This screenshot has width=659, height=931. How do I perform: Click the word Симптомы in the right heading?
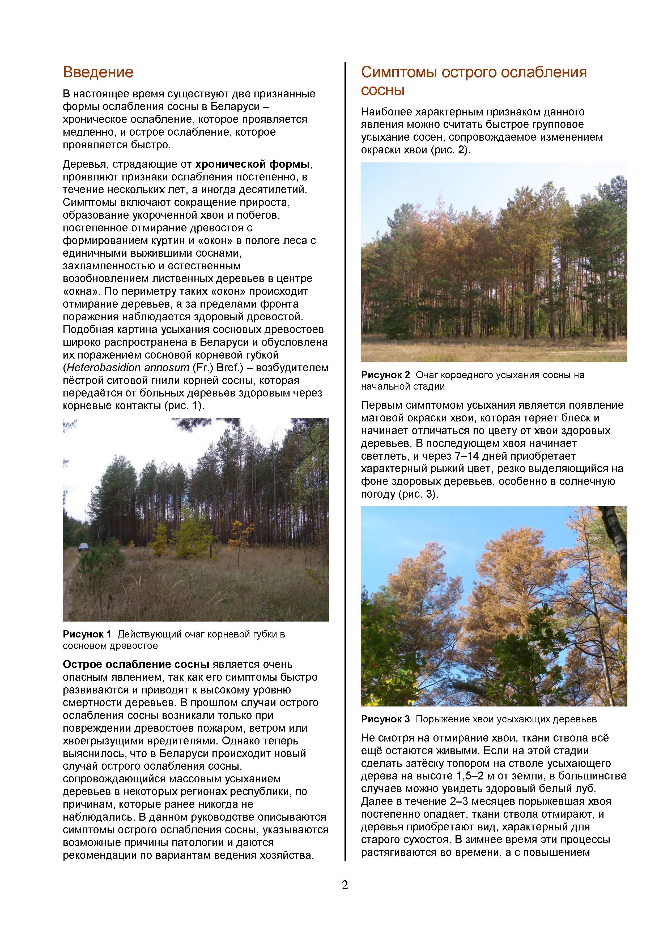[398, 72]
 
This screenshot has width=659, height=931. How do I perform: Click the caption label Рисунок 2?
[385, 375]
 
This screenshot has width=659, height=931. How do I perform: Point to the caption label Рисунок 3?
[385, 719]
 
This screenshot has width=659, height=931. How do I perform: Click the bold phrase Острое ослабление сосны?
[136, 665]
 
